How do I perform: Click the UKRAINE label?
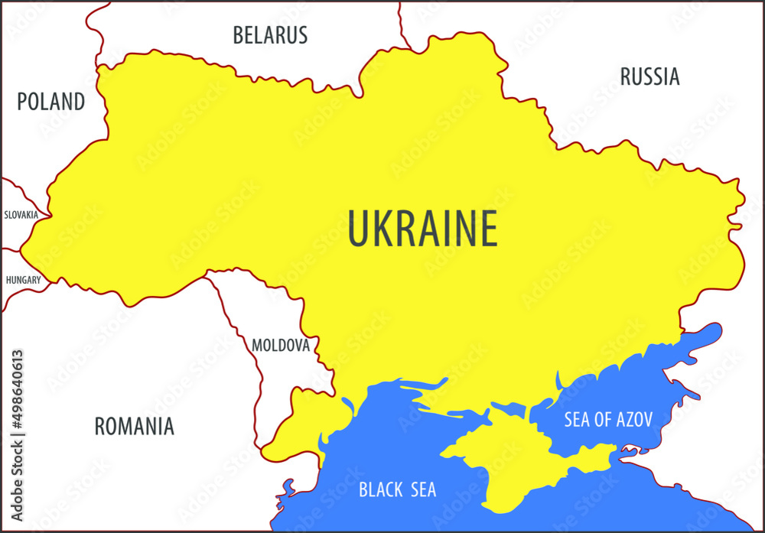point(422,229)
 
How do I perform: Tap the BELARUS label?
point(270,35)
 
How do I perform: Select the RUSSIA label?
point(649,76)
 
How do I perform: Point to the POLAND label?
point(51,102)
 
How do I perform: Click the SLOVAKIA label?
point(21,215)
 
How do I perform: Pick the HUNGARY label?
point(23,280)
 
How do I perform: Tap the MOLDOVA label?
point(281,346)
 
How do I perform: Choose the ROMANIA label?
point(134,426)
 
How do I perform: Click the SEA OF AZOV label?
point(608,419)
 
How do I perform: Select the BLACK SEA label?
point(397,489)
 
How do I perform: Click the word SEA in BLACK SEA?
point(420,489)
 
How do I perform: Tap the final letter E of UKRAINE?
point(487,229)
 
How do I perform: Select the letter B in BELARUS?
point(238,35)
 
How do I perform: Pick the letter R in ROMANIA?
point(100,426)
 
